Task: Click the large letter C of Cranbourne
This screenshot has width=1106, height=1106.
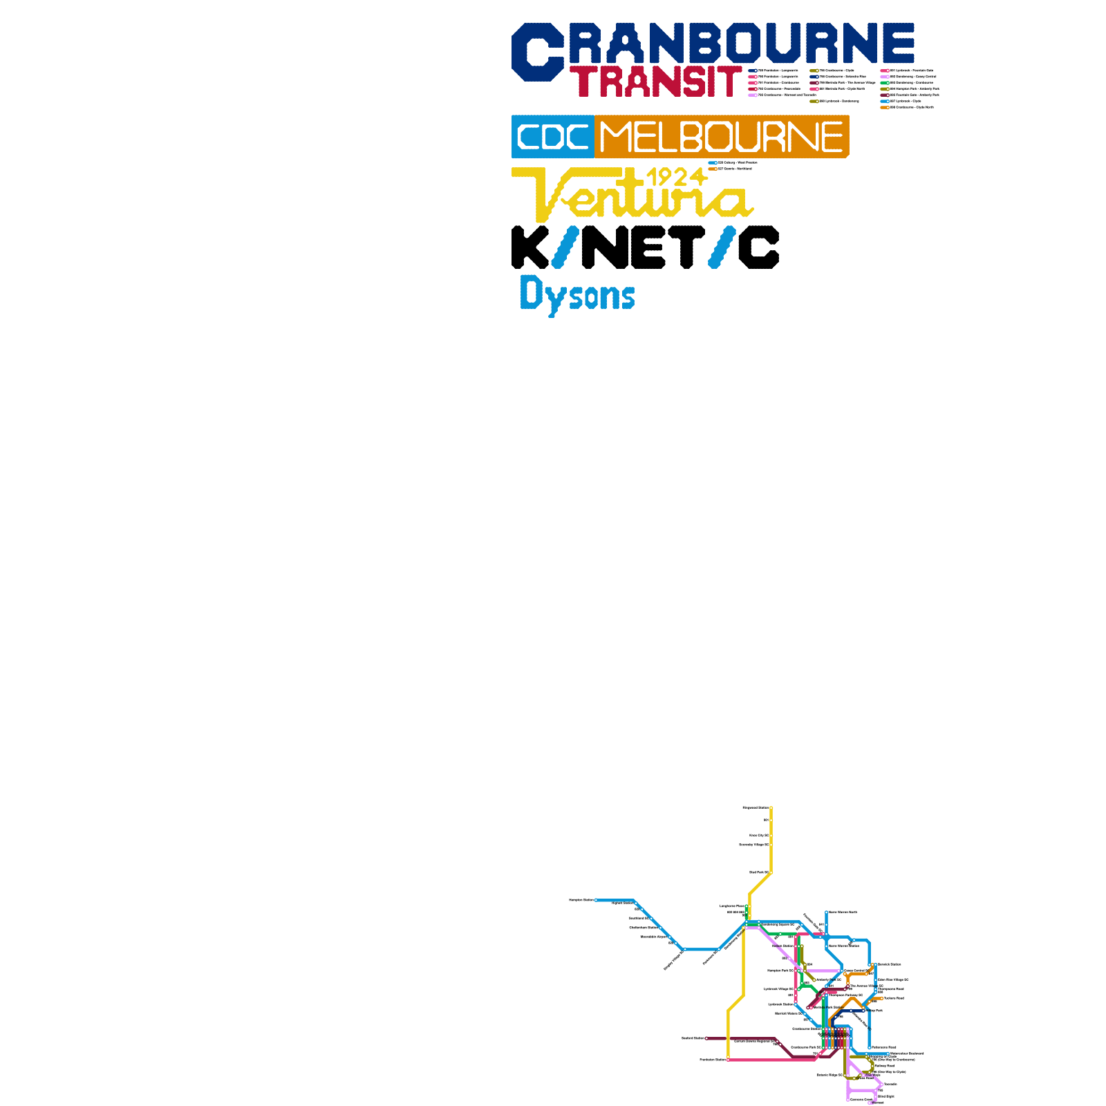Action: click(537, 52)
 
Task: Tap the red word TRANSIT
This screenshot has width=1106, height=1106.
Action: click(655, 82)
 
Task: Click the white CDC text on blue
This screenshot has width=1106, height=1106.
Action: click(553, 137)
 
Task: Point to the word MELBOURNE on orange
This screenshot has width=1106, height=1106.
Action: click(721, 137)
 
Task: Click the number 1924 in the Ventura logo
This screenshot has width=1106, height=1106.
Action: click(676, 177)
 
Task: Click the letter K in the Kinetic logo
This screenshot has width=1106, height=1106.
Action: click(529, 247)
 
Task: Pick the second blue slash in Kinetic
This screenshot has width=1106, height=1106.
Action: click(722, 247)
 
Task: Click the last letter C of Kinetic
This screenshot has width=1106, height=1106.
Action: click(758, 247)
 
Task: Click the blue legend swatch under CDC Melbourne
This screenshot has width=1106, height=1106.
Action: click(713, 163)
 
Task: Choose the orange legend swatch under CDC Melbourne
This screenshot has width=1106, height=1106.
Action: click(713, 169)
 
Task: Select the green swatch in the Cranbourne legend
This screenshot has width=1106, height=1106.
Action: click(885, 83)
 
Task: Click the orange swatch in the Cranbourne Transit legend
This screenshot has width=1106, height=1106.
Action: click(885, 108)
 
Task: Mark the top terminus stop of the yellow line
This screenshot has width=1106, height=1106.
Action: click(771, 807)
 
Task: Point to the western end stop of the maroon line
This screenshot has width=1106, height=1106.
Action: click(706, 1038)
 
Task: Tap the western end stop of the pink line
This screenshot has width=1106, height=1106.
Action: click(728, 1060)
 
